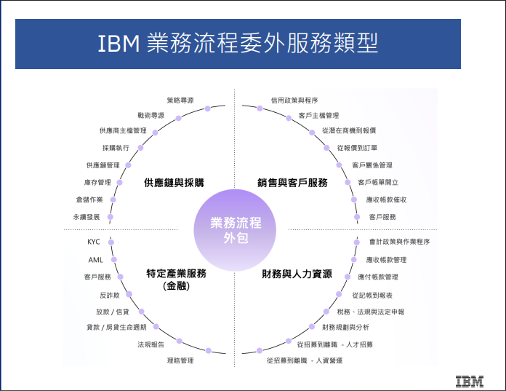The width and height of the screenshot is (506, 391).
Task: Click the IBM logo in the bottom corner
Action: tap(470, 382)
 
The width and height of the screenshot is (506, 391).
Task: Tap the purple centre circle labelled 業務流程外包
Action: tap(235, 230)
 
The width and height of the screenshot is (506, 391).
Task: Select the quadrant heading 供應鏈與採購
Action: tap(174, 183)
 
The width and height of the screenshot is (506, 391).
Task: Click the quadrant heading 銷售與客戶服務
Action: tap(292, 183)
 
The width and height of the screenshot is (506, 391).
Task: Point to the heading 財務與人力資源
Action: tap(297, 274)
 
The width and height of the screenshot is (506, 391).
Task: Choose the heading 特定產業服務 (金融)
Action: tap(176, 280)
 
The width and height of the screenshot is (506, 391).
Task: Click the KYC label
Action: tap(94, 242)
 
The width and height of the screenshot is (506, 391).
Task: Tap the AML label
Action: tap(95, 260)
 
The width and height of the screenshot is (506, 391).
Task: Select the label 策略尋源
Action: tap(180, 100)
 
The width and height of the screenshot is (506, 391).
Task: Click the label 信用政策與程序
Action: tap(294, 100)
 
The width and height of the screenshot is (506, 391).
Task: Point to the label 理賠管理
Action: tap(180, 360)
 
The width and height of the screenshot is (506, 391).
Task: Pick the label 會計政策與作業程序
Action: tap(400, 242)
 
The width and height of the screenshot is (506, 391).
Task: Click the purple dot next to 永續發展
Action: tap(111, 217)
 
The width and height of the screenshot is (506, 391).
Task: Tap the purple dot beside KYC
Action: tap(111, 242)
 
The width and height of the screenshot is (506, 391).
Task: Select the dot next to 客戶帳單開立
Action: tap(348, 182)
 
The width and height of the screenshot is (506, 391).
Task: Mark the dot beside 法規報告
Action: tap(180, 341)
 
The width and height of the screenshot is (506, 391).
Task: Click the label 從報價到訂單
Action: tap(357, 148)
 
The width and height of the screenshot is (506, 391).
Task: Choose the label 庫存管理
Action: tap(97, 183)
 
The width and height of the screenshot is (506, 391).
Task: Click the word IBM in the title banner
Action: tap(119, 43)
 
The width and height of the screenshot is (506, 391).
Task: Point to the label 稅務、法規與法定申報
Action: tap(371, 312)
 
